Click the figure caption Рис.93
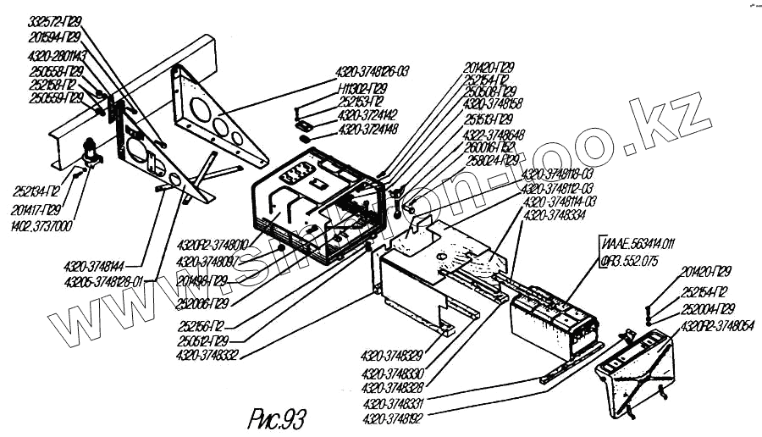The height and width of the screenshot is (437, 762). tap(276, 417)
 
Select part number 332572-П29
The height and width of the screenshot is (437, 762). tap(55, 19)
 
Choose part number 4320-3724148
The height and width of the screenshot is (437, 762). tap(367, 129)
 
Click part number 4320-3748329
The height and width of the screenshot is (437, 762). tap(393, 354)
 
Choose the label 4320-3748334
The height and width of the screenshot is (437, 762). tap(555, 216)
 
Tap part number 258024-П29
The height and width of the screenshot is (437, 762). tap(493, 159)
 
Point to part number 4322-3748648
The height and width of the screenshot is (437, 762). tap(494, 133)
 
